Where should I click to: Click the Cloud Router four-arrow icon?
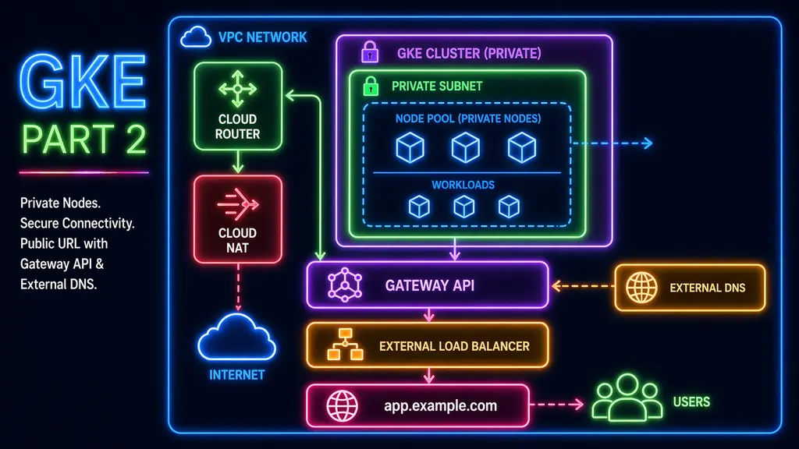(238, 89)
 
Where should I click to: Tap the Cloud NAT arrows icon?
(238, 203)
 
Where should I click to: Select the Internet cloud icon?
(236, 337)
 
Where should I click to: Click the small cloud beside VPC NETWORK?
(195, 37)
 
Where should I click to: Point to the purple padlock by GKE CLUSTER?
(369, 52)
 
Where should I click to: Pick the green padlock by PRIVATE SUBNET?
(371, 86)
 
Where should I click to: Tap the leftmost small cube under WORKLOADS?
(419, 206)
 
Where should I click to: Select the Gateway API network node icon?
(344, 285)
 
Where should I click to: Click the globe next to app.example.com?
(342, 405)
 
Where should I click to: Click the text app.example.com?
(440, 406)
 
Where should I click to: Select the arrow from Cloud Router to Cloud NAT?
(237, 162)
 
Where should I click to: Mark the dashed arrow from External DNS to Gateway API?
(581, 286)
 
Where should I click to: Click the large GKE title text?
(83, 82)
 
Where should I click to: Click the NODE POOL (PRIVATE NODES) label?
(468, 118)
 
